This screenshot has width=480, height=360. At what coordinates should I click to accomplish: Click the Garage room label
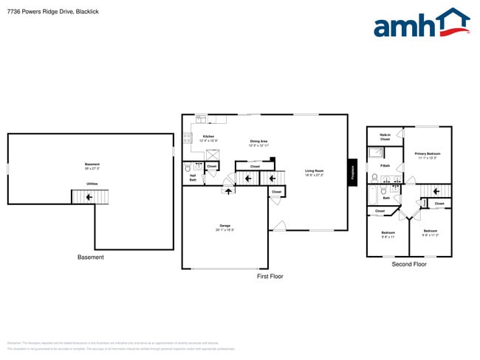coord(226,227)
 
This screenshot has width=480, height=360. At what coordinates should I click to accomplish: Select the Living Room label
coord(315,173)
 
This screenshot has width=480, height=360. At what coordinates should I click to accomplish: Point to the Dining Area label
coord(258,142)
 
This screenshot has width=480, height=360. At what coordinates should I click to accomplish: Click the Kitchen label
coord(208,138)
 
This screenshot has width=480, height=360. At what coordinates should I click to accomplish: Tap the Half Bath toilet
coord(188,167)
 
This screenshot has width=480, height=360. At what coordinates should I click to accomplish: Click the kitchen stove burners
coord(187,137)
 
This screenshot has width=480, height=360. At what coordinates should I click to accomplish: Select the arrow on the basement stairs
coord(89,197)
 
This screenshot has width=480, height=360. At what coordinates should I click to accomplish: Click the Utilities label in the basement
coord(92,183)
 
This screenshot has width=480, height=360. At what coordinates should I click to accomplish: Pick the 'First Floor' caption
coord(270,277)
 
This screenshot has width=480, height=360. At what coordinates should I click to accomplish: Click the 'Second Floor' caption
coord(409,264)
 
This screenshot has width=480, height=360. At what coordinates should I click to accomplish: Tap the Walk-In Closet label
coord(385,136)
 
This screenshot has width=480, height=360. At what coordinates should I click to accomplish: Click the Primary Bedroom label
coord(428,156)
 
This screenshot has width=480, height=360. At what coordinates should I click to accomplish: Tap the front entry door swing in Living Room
coord(278,224)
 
